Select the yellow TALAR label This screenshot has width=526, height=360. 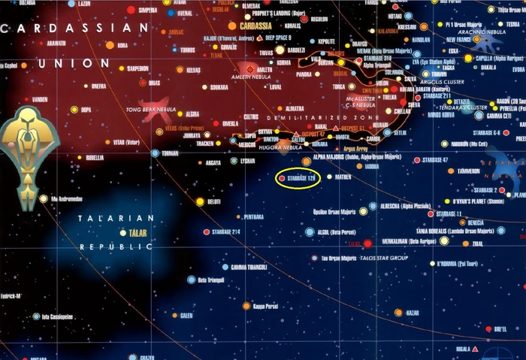coord(138,233)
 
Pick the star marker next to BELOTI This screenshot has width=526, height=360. coord(200,201)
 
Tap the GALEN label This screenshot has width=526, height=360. coord(186,316)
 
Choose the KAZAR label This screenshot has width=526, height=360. coord(413,312)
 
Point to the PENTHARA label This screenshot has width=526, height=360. coord(252,216)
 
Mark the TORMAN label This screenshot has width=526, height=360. coord(171,153)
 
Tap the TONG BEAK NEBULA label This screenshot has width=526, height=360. coord(156,110)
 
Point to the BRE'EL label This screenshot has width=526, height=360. coord(500,328)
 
